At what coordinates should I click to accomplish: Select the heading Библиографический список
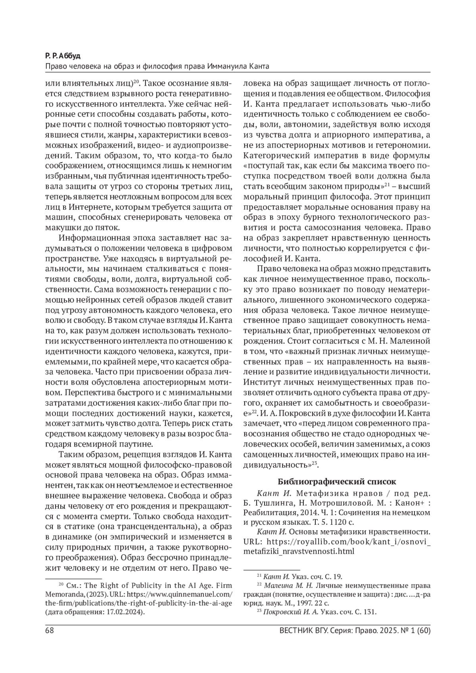[337, 482]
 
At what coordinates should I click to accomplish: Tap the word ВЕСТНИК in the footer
[297, 631]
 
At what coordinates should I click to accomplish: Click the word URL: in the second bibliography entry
[253, 541]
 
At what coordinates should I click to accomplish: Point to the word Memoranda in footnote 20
[63, 595]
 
